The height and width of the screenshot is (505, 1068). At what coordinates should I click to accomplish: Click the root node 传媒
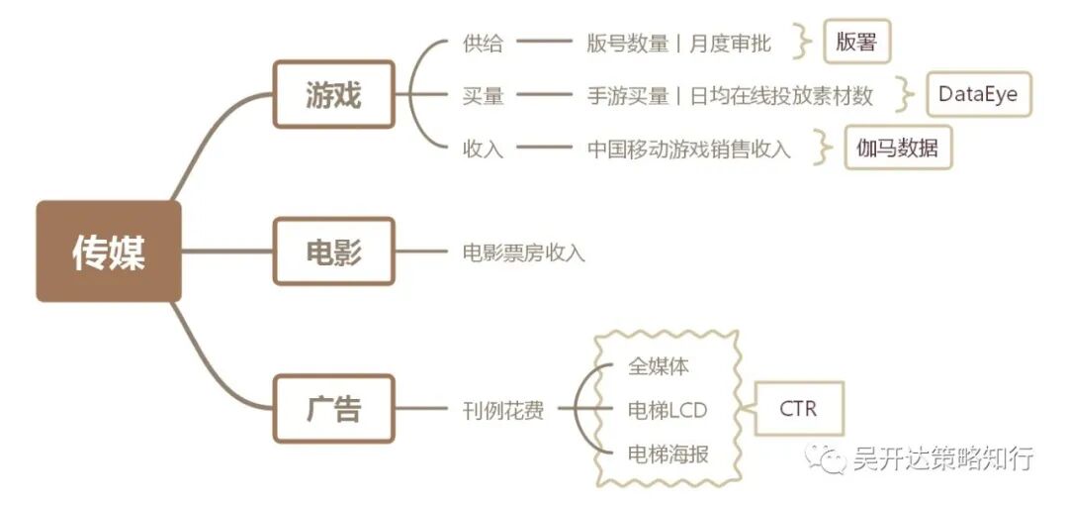pyautogui.click(x=109, y=252)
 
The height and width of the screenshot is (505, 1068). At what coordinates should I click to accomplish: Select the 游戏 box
pyautogui.click(x=333, y=95)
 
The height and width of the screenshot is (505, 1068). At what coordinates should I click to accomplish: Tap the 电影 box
pyautogui.click(x=333, y=252)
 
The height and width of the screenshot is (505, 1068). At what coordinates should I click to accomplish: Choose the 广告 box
pyautogui.click(x=333, y=408)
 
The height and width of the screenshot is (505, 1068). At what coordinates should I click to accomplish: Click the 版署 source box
pyautogui.click(x=856, y=44)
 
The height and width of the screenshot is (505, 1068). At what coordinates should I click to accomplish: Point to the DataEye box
pyautogui.click(x=978, y=95)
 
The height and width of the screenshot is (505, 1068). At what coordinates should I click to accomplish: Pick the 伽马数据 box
pyautogui.click(x=897, y=149)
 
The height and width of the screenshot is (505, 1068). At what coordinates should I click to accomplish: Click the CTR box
pyautogui.click(x=799, y=408)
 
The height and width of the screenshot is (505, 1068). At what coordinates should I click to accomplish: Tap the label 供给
pyautogui.click(x=483, y=44)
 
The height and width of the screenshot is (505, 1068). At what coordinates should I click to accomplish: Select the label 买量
pyautogui.click(x=483, y=96)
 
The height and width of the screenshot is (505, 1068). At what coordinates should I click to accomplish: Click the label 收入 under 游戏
pyautogui.click(x=483, y=149)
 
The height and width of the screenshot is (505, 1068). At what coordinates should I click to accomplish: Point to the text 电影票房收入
pyautogui.click(x=523, y=252)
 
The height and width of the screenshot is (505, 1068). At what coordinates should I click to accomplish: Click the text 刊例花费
pyautogui.click(x=502, y=409)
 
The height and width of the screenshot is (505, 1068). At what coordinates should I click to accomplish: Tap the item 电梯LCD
pyautogui.click(x=667, y=409)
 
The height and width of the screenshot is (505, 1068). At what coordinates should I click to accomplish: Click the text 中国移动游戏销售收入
pyautogui.click(x=688, y=149)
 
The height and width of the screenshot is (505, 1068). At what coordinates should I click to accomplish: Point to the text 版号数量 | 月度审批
pyautogui.click(x=678, y=44)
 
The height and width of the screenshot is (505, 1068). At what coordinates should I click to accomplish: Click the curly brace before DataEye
pyautogui.click(x=903, y=95)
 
